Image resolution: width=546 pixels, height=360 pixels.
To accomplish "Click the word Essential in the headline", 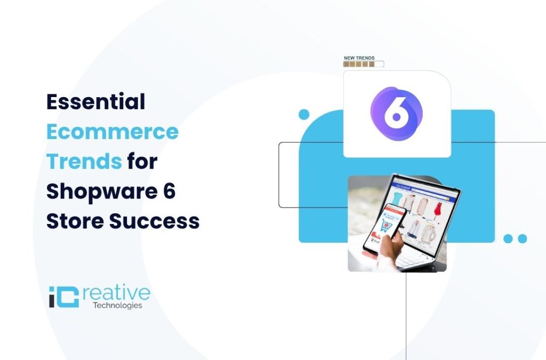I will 95,102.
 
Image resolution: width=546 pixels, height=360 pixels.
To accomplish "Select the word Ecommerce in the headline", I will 112,132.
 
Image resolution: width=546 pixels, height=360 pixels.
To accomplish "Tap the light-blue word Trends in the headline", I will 84,161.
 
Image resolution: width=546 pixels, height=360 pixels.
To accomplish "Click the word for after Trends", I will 142,161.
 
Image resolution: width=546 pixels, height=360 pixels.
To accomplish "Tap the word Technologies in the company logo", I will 117,306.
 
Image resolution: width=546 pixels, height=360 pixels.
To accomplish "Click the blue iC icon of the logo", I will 63,297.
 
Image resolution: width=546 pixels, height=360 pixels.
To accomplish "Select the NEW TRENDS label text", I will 359,58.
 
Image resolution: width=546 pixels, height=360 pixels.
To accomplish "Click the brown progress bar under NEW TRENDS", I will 363,65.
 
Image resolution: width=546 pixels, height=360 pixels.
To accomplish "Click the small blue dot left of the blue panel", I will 304,114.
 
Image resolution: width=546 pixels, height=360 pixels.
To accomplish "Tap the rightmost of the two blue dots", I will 523,238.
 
